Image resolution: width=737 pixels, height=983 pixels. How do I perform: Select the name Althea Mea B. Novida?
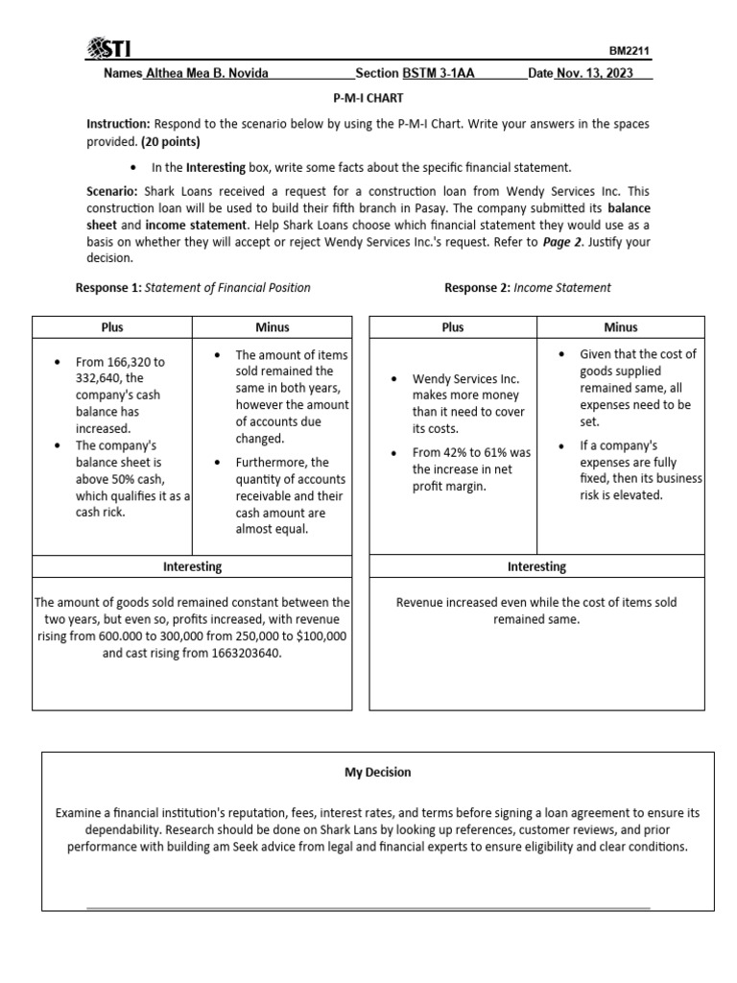(206, 74)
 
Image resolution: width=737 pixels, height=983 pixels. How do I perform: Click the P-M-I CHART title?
(368, 98)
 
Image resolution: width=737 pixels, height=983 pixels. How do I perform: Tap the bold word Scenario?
(111, 192)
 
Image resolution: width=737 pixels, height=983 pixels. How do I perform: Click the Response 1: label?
(107, 287)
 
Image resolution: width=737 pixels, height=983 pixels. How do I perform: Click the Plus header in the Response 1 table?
(112, 327)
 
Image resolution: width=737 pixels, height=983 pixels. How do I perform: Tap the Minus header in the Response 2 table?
(621, 327)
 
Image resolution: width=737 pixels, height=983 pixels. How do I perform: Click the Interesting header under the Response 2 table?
(536, 566)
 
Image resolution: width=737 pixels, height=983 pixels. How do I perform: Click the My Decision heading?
(378, 772)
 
